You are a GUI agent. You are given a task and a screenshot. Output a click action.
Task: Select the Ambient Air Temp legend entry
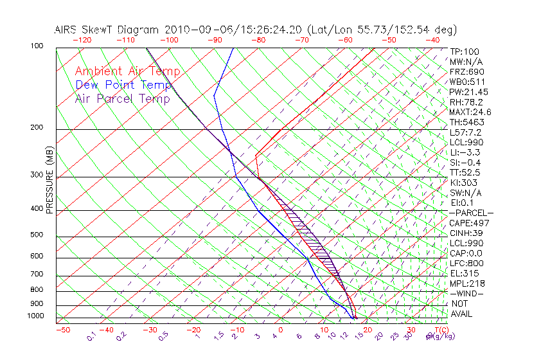[127, 72]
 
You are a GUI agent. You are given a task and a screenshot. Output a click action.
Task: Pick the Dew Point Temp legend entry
[123, 85]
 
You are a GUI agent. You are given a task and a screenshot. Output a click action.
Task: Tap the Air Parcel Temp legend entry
[122, 99]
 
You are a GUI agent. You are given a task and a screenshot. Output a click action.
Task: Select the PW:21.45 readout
[468, 92]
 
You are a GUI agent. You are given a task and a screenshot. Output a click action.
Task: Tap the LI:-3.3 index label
[465, 152]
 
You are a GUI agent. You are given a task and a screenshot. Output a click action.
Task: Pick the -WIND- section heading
[466, 293]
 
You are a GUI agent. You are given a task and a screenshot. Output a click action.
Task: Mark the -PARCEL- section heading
[471, 213]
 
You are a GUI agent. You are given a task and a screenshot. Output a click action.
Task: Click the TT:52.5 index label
[465, 172]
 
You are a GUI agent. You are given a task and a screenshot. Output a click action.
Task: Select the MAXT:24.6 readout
[470, 112]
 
